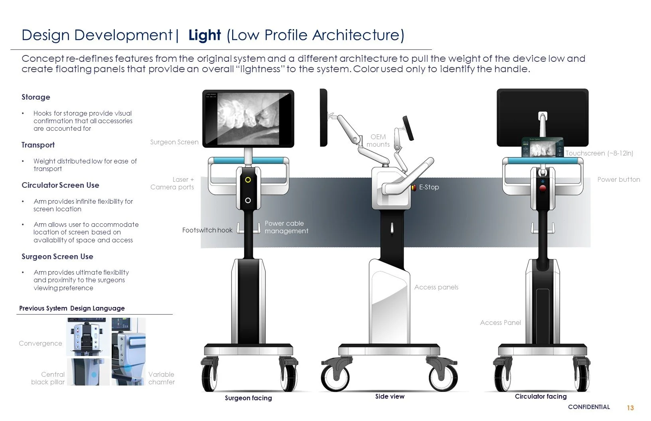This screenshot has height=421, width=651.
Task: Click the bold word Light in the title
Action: (205, 35)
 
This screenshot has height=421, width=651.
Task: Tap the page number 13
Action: (630, 407)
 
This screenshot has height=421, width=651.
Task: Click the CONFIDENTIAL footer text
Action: (589, 407)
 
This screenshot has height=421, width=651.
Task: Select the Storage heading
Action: (36, 97)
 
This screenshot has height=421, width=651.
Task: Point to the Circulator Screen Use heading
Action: (60, 185)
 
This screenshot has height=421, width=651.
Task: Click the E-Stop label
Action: (429, 187)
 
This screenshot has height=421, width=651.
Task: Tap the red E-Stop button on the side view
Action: (414, 187)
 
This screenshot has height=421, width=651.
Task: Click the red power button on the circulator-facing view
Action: (542, 188)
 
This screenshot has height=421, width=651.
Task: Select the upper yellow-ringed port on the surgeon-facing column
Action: (248, 180)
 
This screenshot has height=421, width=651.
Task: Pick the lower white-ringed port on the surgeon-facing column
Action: (248, 200)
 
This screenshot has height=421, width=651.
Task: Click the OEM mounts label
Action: (378, 140)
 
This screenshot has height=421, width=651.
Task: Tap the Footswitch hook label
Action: (207, 230)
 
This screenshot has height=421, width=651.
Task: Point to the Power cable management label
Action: (286, 227)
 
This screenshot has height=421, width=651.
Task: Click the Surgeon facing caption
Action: (248, 398)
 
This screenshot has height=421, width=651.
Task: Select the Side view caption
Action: (390, 396)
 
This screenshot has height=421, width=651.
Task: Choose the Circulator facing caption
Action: (541, 396)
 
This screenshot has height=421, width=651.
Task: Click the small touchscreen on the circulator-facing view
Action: (542, 147)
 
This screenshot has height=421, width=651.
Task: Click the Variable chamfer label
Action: (161, 378)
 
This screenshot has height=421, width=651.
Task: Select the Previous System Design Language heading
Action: (72, 308)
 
